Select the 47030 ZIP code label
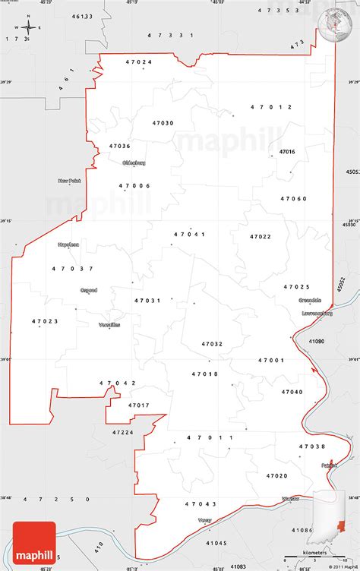pyautogui.click(x=163, y=123)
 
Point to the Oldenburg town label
pyautogui.click(x=133, y=162)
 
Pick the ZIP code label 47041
pyautogui.click(x=190, y=235)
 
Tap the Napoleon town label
pyautogui.click(x=68, y=244)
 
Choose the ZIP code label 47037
pyautogui.click(x=73, y=268)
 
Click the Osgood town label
pyautogui.click(x=89, y=289)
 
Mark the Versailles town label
pyautogui.click(x=109, y=324)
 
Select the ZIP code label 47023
pyautogui.click(x=46, y=321)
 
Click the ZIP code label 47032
pyautogui.click(x=212, y=344)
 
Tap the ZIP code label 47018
pyautogui.click(x=205, y=374)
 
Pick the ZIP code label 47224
pyautogui.click(x=122, y=432)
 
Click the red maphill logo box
pyautogui.click(x=28, y=546)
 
